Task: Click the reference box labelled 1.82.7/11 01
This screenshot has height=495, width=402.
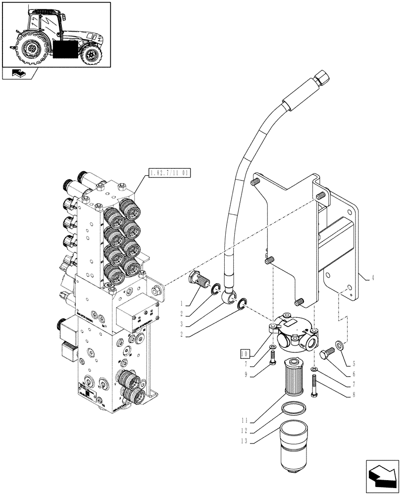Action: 169,173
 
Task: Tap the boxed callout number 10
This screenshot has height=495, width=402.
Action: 245,353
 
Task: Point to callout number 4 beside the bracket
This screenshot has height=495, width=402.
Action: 372,278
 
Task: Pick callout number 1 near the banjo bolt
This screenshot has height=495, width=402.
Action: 184,302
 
